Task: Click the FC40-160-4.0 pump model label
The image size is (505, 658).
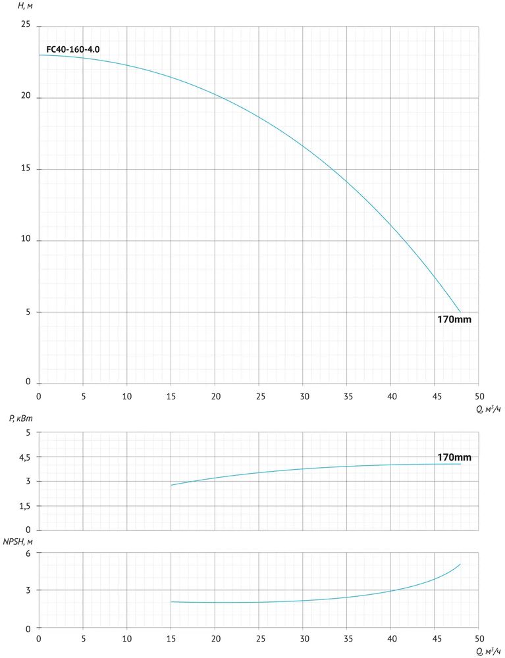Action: [73, 49]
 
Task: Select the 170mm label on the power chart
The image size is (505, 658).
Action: [455, 457]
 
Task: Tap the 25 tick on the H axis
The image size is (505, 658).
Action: [26, 25]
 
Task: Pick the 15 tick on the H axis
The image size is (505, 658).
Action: [26, 169]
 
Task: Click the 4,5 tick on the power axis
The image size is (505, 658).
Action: [24, 457]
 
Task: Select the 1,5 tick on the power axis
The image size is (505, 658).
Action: [24, 506]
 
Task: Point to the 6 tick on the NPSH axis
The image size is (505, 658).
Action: [28, 553]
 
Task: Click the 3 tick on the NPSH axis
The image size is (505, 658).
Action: [28, 591]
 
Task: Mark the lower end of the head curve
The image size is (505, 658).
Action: [460, 312]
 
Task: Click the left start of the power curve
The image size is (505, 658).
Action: [171, 485]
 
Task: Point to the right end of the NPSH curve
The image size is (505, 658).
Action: [460, 564]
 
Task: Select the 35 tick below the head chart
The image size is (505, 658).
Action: [346, 397]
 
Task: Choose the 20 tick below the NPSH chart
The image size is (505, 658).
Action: [215, 638]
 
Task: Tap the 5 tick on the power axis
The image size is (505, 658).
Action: [28, 432]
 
